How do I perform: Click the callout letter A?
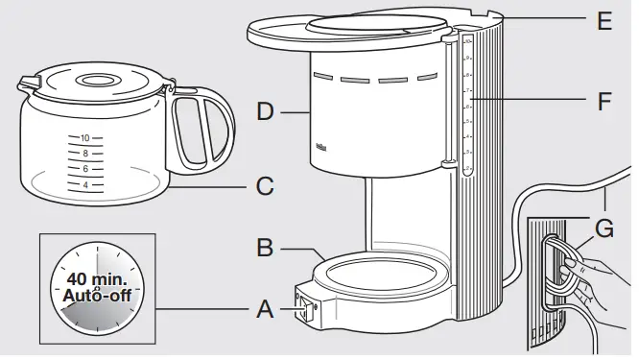(x=266, y=309)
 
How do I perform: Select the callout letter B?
(x=266, y=249)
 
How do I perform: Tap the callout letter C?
(x=266, y=184)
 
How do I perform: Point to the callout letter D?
(x=266, y=112)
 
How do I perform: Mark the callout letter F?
(x=603, y=101)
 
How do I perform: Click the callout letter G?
(x=603, y=230)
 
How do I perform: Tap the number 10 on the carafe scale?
(x=84, y=138)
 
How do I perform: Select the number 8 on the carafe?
(x=85, y=154)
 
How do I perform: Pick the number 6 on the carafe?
(x=85, y=169)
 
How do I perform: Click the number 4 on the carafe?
(x=85, y=184)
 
